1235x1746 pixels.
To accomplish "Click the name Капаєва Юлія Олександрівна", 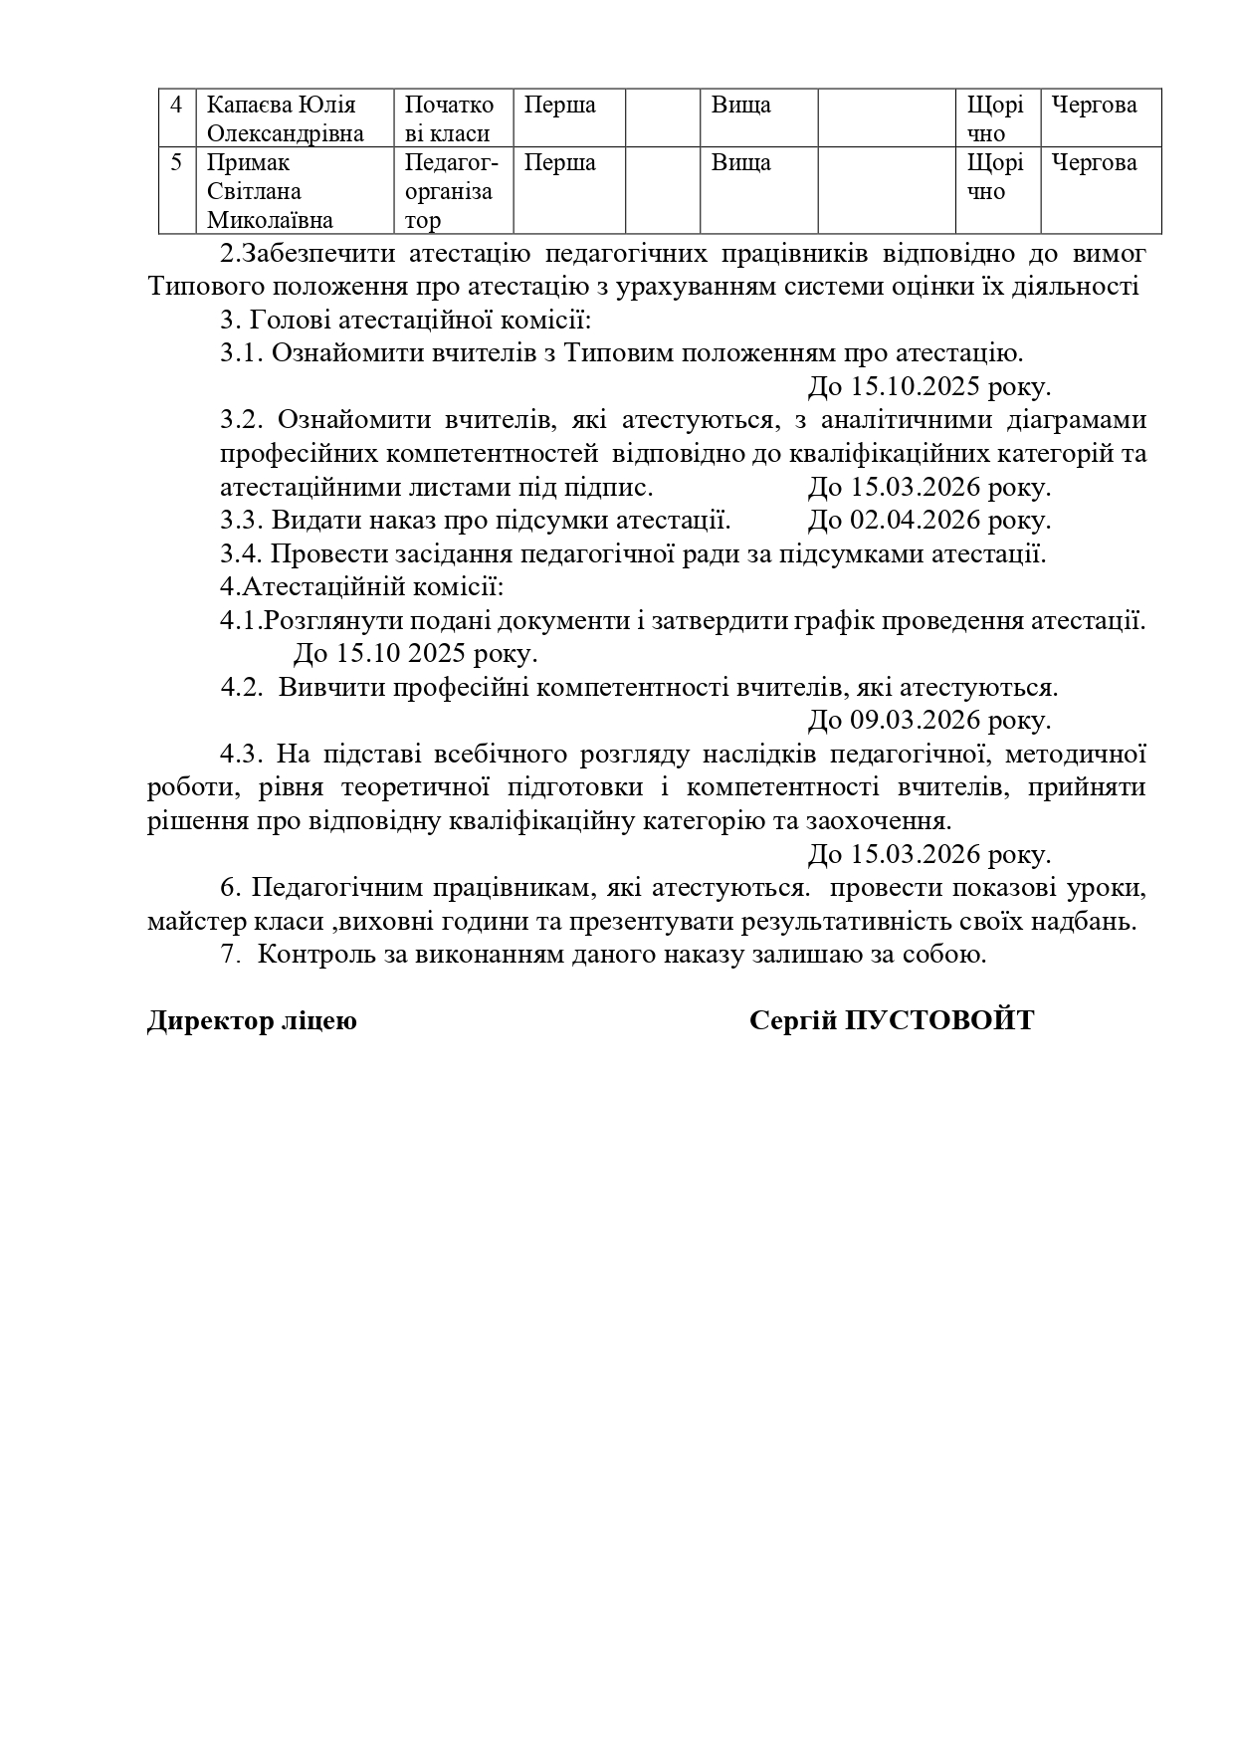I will pyautogui.click(x=285, y=118).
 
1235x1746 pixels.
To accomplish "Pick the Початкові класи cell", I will pyautogui.click(x=449, y=118).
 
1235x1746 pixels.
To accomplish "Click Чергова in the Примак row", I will pyautogui.click(x=1094, y=162).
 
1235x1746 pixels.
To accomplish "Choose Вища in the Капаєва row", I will pyautogui.click(x=740, y=105).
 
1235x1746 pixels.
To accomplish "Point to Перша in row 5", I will pyautogui.click(x=559, y=162).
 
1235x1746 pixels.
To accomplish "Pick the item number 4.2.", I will pyautogui.click(x=242, y=688).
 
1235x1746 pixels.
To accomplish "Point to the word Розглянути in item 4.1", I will pyautogui.click(x=326, y=621).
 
